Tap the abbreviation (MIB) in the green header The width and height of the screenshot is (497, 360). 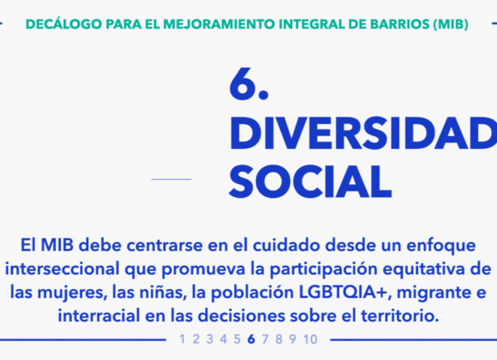(x=451, y=24)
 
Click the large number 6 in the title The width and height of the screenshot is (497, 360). (x=243, y=84)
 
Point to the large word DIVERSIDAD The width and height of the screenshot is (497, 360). (x=363, y=133)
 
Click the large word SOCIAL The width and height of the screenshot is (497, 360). (x=310, y=182)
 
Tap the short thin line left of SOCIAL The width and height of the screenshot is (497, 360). (x=171, y=179)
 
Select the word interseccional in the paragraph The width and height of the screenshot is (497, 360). (x=63, y=269)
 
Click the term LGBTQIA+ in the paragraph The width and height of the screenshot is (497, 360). (x=344, y=292)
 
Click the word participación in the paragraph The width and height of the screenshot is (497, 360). (x=323, y=270)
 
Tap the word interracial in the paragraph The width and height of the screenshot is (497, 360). (x=99, y=315)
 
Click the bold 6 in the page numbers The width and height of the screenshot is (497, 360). (x=251, y=339)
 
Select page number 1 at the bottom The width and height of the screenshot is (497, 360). (x=183, y=339)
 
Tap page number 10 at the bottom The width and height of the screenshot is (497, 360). (x=310, y=339)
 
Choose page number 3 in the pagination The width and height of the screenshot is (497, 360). (x=210, y=339)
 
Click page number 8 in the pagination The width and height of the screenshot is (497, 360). (x=278, y=339)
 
